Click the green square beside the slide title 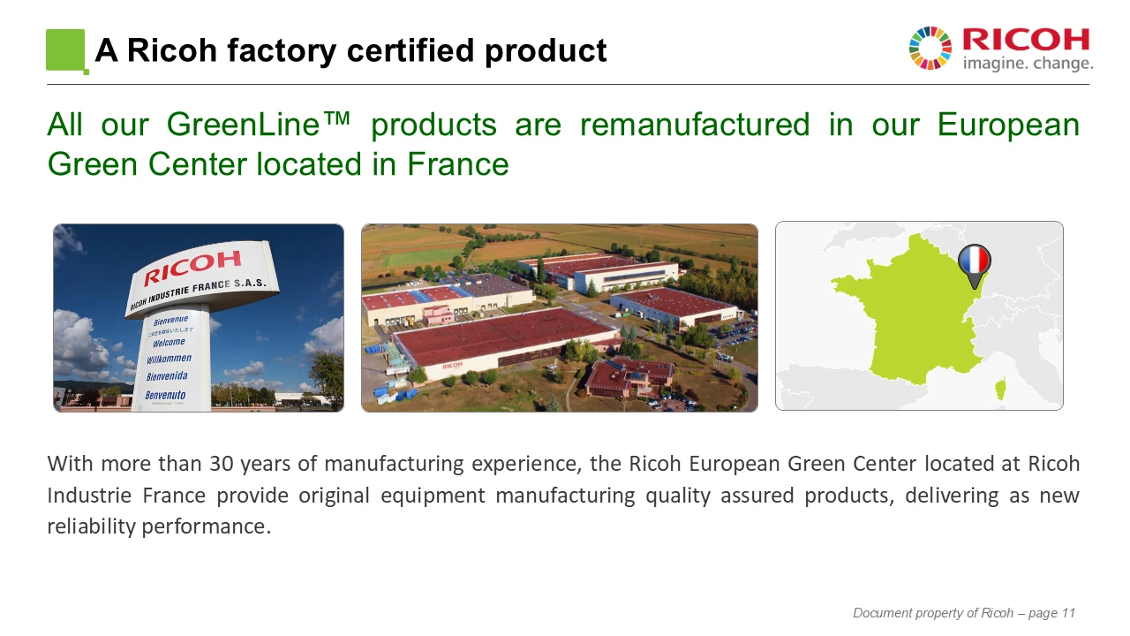65,50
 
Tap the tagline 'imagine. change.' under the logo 1028,64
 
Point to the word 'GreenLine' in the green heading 243,125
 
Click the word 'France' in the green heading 458,164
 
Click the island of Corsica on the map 1000,388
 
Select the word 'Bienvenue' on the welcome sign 171,320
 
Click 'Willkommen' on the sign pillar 169,359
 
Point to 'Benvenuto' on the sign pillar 165,395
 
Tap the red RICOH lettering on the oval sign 192,268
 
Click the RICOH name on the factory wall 452,365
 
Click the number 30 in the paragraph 222,464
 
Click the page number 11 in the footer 1068,613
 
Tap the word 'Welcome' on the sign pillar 169,342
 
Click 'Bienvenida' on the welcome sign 167,376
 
